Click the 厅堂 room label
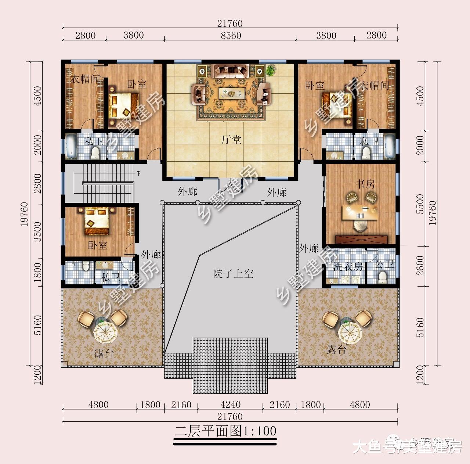coord(231,140)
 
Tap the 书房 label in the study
coord(365,184)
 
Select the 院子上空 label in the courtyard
coord(234,274)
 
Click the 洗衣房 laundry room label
coord(348,266)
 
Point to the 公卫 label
coord(384,264)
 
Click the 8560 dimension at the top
coord(231,35)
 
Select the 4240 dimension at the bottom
coord(230,404)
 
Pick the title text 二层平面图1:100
coord(225,431)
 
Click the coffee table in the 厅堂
coord(232,93)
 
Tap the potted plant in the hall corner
coord(271,70)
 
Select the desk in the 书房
coord(359,213)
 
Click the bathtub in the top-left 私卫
coord(71,145)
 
